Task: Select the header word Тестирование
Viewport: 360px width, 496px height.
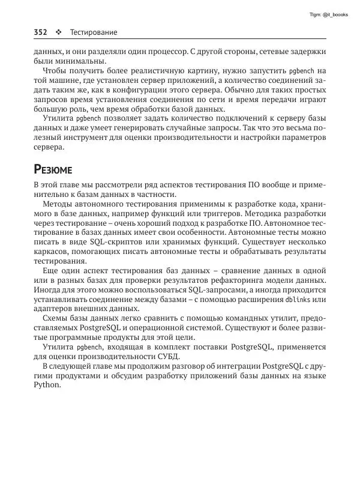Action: (x=93, y=32)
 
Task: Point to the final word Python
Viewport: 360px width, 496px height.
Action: (x=47, y=386)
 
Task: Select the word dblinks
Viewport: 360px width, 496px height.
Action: (x=298, y=299)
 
